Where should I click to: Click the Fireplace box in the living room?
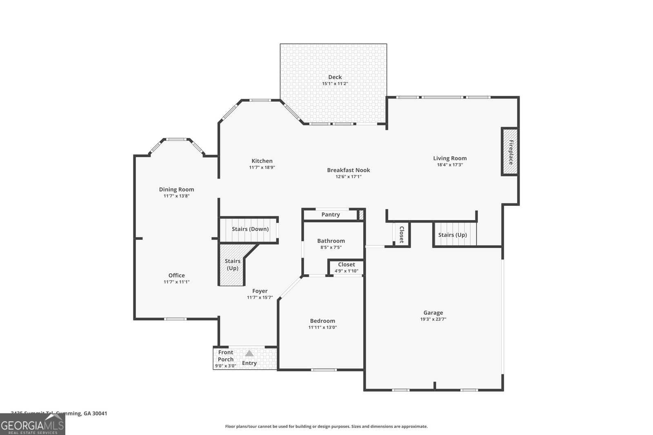click(x=510, y=152)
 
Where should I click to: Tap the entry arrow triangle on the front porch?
click(x=249, y=353)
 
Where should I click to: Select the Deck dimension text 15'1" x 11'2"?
click(x=335, y=84)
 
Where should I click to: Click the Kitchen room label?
click(x=262, y=161)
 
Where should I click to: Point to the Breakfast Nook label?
click(x=348, y=170)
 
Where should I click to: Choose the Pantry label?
click(x=330, y=214)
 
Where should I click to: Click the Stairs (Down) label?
click(x=250, y=229)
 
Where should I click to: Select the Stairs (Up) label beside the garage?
click(x=452, y=235)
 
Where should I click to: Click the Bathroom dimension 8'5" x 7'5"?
click(x=331, y=247)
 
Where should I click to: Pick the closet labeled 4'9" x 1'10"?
click(x=346, y=267)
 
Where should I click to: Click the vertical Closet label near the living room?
click(x=401, y=234)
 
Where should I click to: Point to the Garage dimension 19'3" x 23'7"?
click(x=433, y=319)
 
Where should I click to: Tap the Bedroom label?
click(x=322, y=321)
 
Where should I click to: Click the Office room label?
click(x=176, y=275)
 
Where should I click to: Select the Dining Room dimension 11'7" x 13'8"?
click(x=176, y=196)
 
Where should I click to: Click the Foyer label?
click(x=260, y=291)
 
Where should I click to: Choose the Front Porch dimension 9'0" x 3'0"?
click(x=225, y=366)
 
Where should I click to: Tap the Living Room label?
click(x=450, y=158)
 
